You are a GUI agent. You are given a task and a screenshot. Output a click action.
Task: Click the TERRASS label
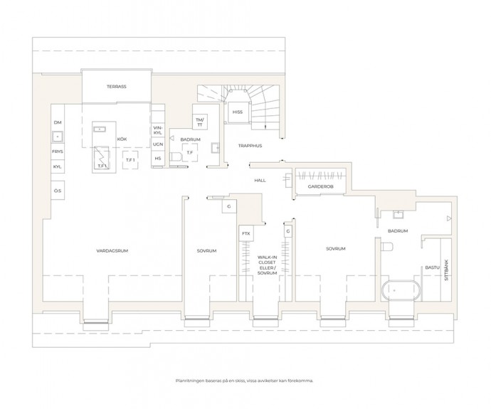pos(117,87)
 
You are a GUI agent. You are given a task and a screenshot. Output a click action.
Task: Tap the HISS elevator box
pos(238,112)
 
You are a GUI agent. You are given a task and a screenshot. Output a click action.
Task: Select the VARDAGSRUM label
pos(112,250)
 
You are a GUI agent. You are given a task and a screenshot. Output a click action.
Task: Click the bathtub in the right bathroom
pos(401,291)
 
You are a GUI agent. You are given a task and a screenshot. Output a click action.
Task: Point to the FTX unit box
pos(246,233)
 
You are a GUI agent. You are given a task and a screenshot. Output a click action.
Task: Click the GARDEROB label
pos(320,186)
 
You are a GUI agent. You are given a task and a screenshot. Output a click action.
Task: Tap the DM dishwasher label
pos(58,122)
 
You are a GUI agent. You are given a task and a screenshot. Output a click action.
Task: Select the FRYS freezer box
pos(58,152)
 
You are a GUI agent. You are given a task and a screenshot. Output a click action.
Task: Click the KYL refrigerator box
pos(58,167)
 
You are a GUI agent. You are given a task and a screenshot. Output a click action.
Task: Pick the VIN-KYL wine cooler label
pos(158,130)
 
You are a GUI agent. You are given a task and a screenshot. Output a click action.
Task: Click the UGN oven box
pos(158,144)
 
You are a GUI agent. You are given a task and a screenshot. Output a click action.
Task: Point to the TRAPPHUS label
pos(250,146)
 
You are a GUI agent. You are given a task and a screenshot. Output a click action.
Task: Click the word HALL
pos(260,181)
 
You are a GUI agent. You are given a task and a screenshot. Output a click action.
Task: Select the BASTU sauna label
pos(433,268)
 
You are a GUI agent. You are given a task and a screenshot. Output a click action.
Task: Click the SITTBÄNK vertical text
pos(446,270)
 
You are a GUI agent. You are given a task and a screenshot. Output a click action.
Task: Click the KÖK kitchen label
pos(122,139)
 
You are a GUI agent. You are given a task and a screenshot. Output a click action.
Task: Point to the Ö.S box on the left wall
pos(58,190)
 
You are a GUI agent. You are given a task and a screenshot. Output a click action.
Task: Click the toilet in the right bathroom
pos(387,246)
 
